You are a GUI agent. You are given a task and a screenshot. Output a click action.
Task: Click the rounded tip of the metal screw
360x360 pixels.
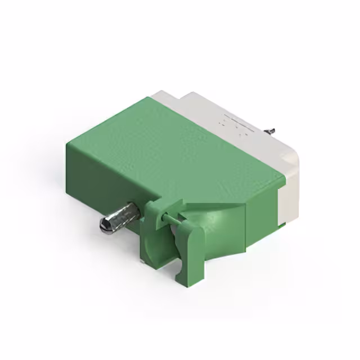click(105, 226)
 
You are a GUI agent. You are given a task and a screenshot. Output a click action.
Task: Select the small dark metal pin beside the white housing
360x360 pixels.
click(271, 131)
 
